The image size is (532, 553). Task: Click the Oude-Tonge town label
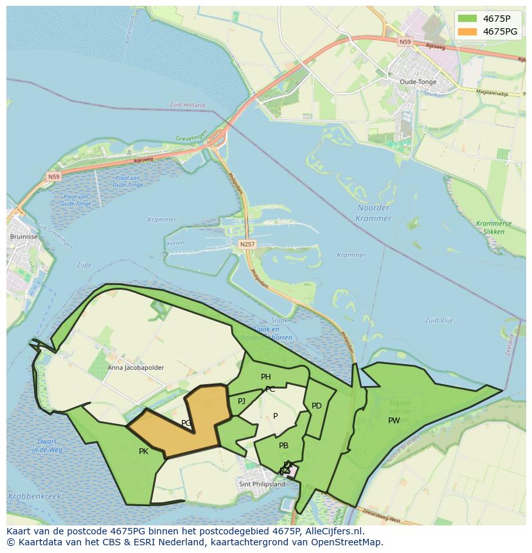[418, 82]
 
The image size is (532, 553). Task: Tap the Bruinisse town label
[23, 236]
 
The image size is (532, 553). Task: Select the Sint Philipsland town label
[262, 484]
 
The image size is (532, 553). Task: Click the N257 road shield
[247, 244]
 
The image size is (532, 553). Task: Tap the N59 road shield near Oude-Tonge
[404, 42]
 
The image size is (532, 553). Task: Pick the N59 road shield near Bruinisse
[53, 175]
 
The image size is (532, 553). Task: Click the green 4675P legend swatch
[467, 19]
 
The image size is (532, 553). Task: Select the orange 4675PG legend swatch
[467, 31]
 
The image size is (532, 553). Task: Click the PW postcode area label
[394, 421]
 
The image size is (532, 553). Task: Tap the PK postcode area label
[143, 452]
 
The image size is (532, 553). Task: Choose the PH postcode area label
[265, 377]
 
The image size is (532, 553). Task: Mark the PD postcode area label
[316, 406]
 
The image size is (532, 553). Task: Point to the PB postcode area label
[283, 446]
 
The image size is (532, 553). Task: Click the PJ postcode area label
[242, 401]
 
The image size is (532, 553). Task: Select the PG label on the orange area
[186, 423]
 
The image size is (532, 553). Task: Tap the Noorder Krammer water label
[373, 213]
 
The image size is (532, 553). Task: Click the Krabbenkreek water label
[35, 496]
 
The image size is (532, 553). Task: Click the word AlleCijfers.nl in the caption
[333, 531]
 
